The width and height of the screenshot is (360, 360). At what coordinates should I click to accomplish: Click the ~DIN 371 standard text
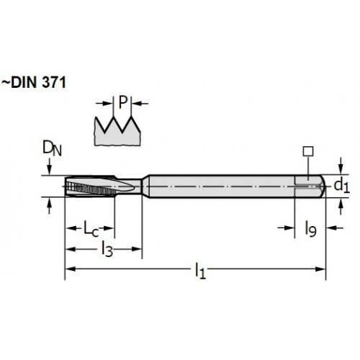point(34,83)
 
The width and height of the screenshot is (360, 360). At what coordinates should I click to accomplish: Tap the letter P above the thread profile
point(122,102)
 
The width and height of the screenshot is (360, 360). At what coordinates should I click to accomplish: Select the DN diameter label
point(52,148)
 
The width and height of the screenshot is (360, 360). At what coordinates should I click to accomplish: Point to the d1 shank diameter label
point(342,186)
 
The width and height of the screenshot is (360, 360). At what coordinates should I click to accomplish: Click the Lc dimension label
point(91,228)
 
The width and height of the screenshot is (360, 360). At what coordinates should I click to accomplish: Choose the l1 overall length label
point(200,271)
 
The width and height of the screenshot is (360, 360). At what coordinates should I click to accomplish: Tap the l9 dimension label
point(310,229)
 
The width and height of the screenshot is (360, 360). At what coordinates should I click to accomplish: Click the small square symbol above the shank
point(308,151)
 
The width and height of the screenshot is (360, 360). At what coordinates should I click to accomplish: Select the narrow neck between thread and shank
point(136,186)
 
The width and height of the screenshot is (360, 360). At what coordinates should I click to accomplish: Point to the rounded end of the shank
point(323,186)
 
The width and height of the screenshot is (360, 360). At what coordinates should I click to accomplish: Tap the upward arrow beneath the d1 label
point(341,207)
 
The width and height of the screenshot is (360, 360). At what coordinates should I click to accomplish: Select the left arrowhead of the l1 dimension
point(71,269)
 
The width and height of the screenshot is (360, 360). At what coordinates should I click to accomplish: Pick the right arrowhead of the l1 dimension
point(320,269)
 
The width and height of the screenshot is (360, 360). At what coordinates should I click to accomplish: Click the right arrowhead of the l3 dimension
point(136,249)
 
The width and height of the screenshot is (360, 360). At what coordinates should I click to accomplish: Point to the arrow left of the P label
point(104,104)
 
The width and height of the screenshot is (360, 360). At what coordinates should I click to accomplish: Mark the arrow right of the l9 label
point(335,228)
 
